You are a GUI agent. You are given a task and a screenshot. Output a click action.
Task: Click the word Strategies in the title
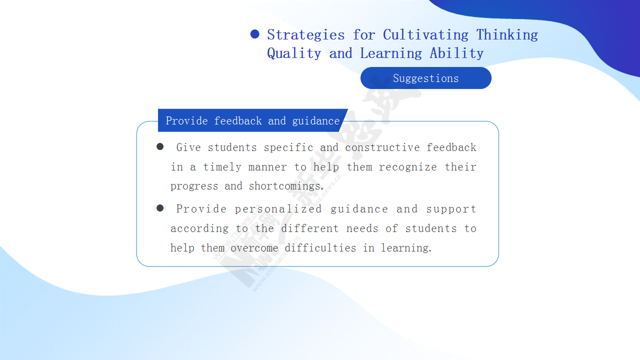[x=305, y=35]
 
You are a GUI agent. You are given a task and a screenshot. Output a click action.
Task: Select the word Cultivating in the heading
[x=425, y=34]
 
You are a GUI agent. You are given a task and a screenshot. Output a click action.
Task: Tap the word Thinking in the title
[x=507, y=35]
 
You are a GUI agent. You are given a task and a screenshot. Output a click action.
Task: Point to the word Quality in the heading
[x=294, y=53]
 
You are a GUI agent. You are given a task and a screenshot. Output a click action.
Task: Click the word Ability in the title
[x=456, y=53]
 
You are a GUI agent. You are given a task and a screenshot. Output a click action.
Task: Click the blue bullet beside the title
[x=254, y=34]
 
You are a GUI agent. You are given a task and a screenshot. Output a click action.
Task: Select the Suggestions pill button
[x=425, y=78]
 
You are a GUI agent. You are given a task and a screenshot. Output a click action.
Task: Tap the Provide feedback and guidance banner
[x=253, y=120]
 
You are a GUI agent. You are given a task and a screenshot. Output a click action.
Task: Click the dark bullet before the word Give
[x=160, y=146]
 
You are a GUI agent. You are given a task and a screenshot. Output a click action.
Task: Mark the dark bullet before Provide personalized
[x=160, y=208]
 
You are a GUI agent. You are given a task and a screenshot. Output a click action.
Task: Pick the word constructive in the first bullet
[x=382, y=147]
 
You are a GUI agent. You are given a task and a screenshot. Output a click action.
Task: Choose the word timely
[x=222, y=167]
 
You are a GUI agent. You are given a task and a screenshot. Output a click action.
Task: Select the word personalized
[x=278, y=209]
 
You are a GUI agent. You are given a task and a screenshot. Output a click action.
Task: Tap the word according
[x=199, y=228]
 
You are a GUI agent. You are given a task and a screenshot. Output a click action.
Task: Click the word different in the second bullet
[x=309, y=228]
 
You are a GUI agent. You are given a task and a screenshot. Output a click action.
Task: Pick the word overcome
[x=254, y=248]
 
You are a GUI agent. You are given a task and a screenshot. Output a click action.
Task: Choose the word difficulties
[x=320, y=247]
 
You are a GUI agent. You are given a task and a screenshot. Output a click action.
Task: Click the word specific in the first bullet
[x=288, y=147]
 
